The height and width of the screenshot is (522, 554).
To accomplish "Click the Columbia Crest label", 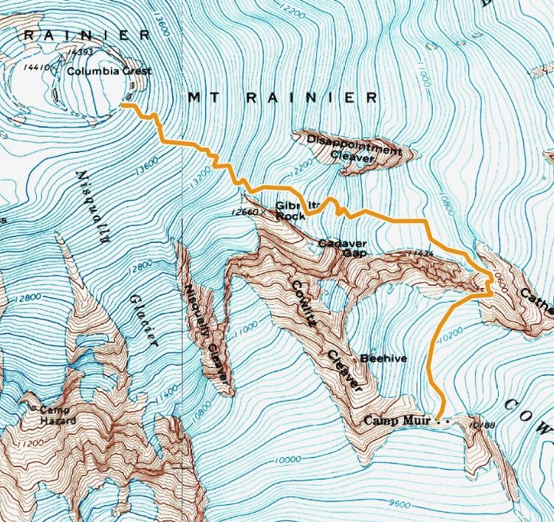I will pyautogui.click(x=109, y=72).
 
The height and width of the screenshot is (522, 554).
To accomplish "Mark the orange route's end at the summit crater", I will pyautogui.click(x=122, y=106).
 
